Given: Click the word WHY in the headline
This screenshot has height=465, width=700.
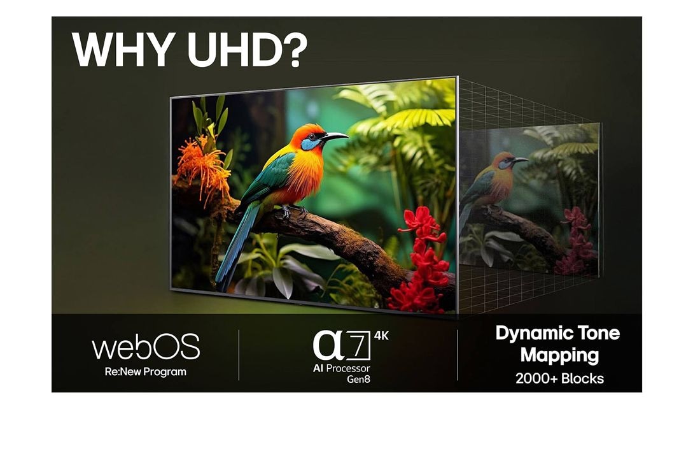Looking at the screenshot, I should (121, 48).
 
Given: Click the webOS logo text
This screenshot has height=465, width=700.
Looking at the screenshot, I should (146, 347).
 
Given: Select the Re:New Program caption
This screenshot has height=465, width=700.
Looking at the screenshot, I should (146, 371).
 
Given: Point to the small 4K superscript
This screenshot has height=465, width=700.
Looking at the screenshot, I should (381, 336).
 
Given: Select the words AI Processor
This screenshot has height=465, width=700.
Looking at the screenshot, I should (341, 368).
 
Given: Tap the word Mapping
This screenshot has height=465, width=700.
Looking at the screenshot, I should (559, 354).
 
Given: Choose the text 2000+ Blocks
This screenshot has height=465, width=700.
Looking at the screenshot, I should (559, 378).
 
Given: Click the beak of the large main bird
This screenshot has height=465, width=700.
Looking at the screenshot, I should (335, 135).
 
